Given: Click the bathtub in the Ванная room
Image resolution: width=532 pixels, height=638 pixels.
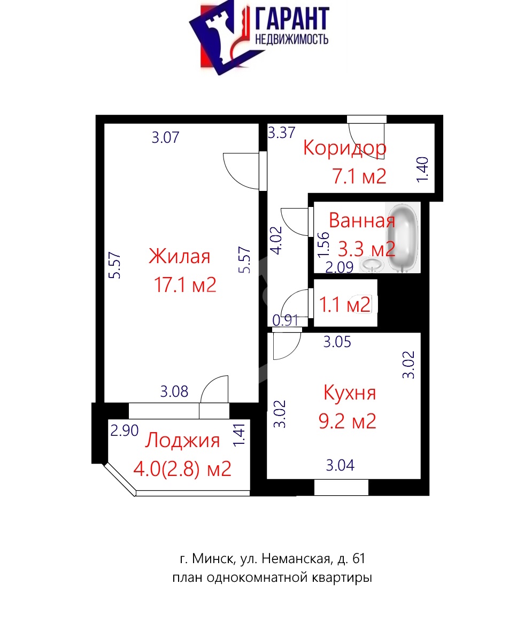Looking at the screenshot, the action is point(403,237).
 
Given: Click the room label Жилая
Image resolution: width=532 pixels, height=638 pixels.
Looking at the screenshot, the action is point(179,256).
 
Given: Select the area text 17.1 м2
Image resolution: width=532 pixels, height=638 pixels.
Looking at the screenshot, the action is point(185,285).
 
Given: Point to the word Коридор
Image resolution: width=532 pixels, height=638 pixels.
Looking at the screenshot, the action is point(344,149).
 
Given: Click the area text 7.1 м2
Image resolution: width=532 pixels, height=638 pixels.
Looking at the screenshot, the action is point(359,176).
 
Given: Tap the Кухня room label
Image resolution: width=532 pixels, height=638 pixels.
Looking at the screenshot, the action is point(350,393).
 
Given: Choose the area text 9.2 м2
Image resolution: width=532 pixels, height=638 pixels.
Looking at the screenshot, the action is point(348,421).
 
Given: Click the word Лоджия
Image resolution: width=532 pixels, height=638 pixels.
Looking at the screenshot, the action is point(182,441).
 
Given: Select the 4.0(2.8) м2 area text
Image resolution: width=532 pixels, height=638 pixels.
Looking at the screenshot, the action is point(182,468).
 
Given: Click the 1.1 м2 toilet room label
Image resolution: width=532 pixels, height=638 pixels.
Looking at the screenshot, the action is point(345,305).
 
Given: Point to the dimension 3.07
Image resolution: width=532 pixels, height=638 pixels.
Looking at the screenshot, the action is point(166,137).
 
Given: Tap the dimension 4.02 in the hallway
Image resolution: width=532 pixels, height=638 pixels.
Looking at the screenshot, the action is point(276,241).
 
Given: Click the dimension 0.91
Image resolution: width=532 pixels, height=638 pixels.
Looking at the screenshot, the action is point(286,320).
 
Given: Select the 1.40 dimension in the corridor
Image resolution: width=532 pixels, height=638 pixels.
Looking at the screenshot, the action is point(422,170).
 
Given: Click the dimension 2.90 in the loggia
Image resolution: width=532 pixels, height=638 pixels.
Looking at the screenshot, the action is point(125,431).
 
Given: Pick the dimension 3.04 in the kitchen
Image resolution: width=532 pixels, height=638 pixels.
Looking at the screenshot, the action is point(340,465).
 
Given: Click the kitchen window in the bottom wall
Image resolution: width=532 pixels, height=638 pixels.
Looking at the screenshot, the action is point(341,487).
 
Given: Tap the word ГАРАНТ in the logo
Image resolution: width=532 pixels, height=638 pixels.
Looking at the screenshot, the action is point(292,19).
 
